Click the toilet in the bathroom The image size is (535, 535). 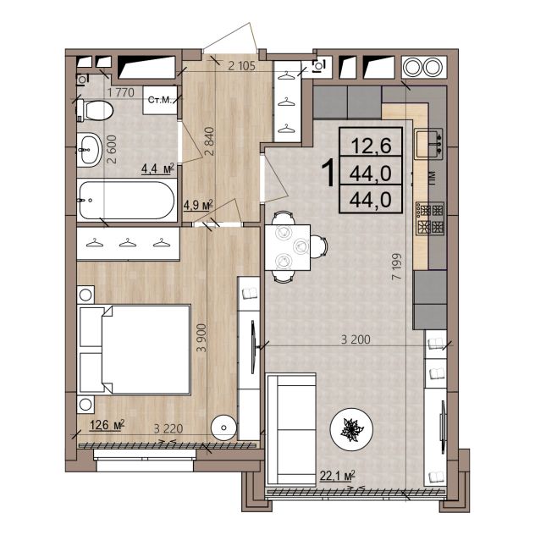(95, 110)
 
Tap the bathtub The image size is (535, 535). (126, 201)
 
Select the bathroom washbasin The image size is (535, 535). (90, 150)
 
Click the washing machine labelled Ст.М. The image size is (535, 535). (160, 100)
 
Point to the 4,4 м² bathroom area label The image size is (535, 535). (158, 169)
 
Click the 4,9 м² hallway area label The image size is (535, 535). (198, 205)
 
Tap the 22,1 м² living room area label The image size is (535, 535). (338, 475)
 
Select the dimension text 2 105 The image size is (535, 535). (241, 66)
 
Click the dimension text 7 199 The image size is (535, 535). (397, 267)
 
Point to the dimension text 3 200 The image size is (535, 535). (356, 339)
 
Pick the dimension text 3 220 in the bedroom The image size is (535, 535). (168, 428)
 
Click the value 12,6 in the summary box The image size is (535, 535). (371, 146)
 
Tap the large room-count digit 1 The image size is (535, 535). (329, 174)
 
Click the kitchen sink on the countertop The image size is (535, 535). (429, 143)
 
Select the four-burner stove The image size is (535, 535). (429, 218)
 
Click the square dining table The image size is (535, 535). (287, 247)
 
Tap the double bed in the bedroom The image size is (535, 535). (135, 350)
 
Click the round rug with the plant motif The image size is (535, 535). (351, 429)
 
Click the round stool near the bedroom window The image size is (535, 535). (223, 427)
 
